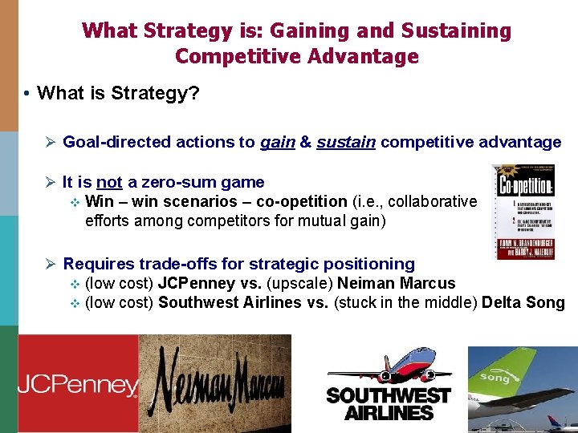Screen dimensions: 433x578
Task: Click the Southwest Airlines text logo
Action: (389, 404)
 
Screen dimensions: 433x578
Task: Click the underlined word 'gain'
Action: (278, 143)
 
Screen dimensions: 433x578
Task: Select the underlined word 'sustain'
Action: (346, 143)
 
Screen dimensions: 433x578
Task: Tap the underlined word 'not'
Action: (109, 183)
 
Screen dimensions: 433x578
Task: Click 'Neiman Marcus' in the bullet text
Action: (396, 283)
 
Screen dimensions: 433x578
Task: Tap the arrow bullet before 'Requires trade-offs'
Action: (49, 264)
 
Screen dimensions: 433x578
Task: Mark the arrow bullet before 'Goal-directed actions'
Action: (49, 143)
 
